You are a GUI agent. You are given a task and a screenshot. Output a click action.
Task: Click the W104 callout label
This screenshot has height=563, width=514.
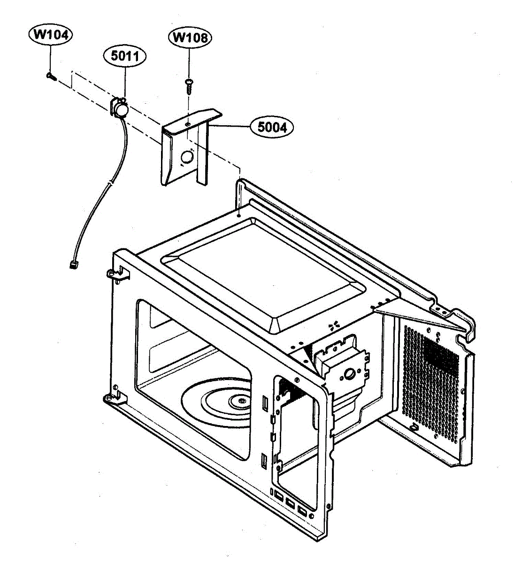click(50, 35)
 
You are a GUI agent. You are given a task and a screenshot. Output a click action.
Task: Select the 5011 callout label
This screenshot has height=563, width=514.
click(124, 56)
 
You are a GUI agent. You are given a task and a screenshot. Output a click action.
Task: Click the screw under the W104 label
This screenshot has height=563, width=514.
click(51, 76)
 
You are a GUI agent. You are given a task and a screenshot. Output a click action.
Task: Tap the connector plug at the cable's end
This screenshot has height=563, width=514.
click(73, 265)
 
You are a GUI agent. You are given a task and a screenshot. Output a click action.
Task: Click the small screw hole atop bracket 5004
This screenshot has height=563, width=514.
click(187, 124)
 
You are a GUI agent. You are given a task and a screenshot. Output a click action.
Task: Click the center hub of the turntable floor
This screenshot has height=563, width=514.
click(241, 400)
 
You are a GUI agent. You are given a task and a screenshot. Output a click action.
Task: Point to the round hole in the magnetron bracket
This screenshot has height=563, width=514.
click(349, 374)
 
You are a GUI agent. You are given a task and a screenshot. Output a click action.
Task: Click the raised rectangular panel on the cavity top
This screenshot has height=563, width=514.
click(263, 272)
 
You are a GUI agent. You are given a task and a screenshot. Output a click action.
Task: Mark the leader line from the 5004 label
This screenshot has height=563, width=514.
click(230, 126)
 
